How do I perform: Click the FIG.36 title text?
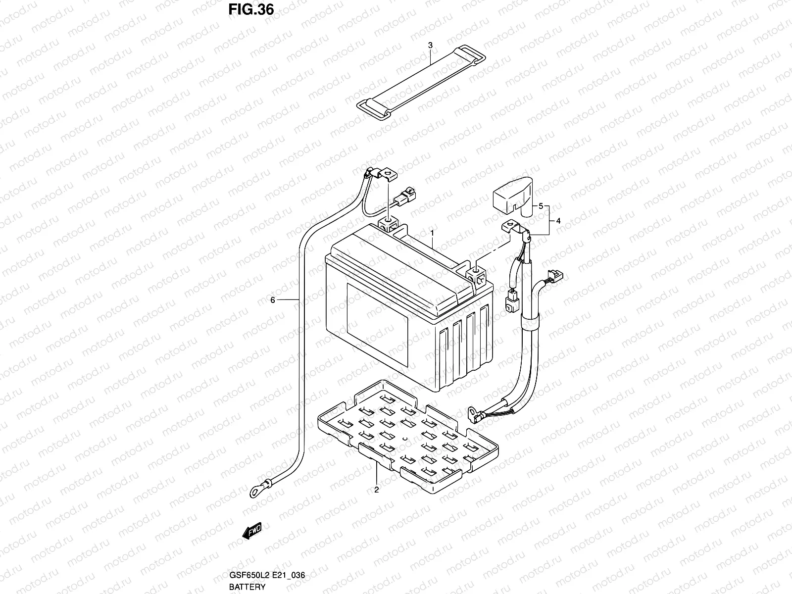click(251, 10)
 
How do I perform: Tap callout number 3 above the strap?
click(430, 45)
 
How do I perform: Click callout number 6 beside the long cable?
click(272, 300)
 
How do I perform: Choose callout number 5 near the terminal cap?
click(541, 205)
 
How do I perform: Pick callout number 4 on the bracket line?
click(558, 221)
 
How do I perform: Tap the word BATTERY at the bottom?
click(247, 587)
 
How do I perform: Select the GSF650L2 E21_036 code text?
click(266, 576)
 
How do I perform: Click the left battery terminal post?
click(389, 223)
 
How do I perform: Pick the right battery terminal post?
click(475, 271)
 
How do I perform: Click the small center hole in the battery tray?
click(405, 439)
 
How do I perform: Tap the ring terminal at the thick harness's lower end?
click(472, 410)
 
